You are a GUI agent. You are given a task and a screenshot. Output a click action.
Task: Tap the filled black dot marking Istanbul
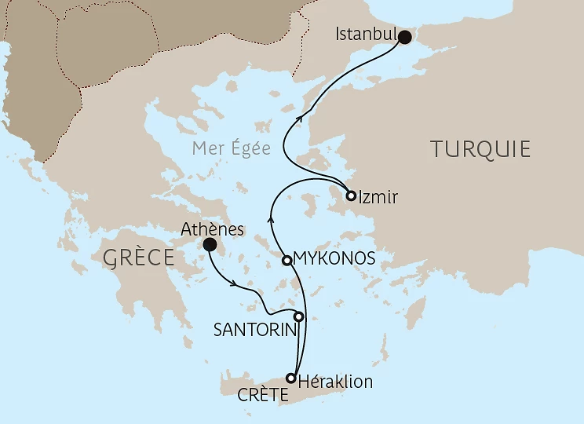tap(405, 37)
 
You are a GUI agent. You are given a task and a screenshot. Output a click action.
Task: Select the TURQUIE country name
tap(480, 149)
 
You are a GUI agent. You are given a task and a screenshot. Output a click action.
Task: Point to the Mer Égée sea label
tap(233, 148)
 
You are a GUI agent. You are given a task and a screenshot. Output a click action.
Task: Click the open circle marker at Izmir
tap(351, 196)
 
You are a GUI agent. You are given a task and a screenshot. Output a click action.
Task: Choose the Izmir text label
tap(378, 198)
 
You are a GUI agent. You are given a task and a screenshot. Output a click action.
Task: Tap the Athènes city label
tap(213, 230)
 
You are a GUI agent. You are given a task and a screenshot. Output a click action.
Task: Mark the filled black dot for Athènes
tap(210, 245)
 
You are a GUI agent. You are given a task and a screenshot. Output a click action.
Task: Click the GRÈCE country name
tap(137, 257)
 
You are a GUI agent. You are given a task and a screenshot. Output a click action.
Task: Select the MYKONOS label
tap(333, 258)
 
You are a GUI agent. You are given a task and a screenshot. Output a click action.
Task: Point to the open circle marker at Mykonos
tap(287, 260)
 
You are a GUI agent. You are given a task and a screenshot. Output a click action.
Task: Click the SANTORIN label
tap(254, 331)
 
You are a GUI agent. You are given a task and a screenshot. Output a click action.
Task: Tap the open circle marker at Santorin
tap(298, 317)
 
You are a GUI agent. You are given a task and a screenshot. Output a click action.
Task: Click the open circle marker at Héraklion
tap(291, 378)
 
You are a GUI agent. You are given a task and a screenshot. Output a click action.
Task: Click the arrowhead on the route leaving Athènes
tap(237, 284)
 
